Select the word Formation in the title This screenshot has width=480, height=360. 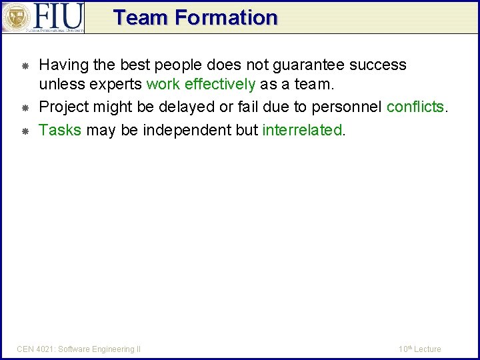(x=226, y=18)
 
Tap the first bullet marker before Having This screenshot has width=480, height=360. (x=25, y=66)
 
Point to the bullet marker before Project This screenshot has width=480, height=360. (x=25, y=108)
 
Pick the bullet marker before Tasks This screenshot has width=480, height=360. (x=25, y=131)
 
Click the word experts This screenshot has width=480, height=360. (x=117, y=85)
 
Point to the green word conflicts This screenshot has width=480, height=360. (x=415, y=107)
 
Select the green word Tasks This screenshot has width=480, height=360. (x=60, y=130)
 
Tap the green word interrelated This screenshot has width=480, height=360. (x=302, y=130)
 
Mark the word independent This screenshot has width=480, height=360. (x=177, y=130)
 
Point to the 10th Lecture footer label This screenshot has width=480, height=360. (x=419, y=349)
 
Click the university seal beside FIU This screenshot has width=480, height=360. (x=16, y=17)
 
